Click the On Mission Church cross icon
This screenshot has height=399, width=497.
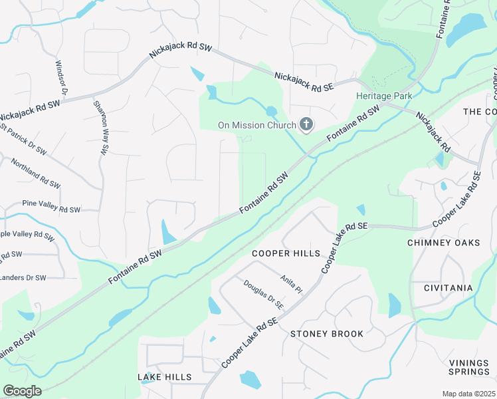click(x=306, y=124)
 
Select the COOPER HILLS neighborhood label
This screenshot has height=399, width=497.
click(x=286, y=253)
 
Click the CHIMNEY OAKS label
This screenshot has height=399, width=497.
click(x=443, y=243)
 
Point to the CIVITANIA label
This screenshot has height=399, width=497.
click(x=448, y=288)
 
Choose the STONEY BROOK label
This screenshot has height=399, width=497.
click(x=327, y=334)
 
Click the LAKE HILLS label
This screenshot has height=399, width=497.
click(x=165, y=377)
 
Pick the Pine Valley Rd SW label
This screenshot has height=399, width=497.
click(x=51, y=209)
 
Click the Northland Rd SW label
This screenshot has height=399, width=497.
click(x=31, y=174)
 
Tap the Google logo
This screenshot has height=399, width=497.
click(x=22, y=391)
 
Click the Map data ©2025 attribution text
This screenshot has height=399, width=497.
click(x=468, y=394)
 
